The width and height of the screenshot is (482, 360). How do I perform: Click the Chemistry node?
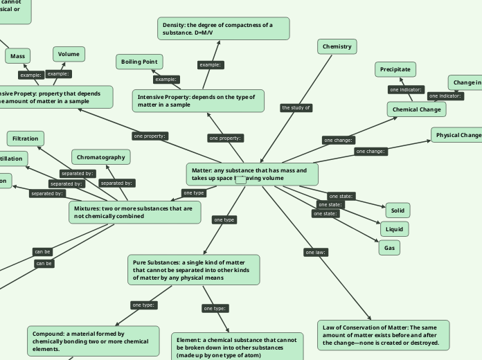point(337,46)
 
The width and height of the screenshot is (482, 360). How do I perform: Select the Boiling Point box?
point(139,62)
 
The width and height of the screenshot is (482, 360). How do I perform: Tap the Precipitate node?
point(396,69)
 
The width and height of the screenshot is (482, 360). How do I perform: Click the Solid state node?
point(397,210)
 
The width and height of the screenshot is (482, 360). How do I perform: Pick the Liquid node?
point(394,228)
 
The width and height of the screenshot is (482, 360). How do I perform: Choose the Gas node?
point(389,246)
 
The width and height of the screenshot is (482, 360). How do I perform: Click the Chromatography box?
point(100,157)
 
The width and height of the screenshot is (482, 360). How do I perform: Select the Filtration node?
point(26,138)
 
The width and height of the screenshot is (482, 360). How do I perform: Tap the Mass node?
point(17,55)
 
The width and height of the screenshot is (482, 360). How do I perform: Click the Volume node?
point(69,53)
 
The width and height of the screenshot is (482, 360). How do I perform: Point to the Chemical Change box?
point(416,109)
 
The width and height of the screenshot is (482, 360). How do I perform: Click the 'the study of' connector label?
point(296,107)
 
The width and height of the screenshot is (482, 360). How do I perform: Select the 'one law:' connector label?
point(315,252)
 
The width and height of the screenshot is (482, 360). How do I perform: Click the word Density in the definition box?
point(174,25)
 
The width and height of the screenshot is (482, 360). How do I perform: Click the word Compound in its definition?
point(48,334)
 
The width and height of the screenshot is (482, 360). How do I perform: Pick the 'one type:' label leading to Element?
point(215,308)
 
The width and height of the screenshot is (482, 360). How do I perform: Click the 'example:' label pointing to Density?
point(210,64)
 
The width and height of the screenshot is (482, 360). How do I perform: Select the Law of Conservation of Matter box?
point(384,334)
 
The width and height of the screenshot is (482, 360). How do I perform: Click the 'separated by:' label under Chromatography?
point(116,183)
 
